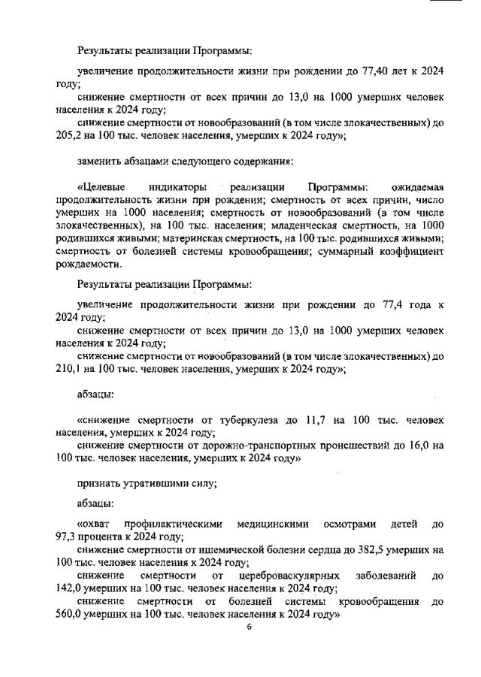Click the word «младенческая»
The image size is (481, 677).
pos(304,225)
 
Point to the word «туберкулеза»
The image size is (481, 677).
pos(258,419)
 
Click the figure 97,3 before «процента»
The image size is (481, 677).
pos(68,536)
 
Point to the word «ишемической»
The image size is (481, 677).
pos(219,549)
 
